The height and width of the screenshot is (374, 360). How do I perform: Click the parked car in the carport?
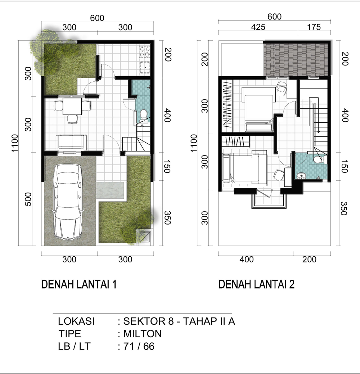pos(68,202)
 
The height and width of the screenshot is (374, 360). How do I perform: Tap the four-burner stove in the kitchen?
pos(145,52)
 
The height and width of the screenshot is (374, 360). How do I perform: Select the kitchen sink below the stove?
pos(145,68)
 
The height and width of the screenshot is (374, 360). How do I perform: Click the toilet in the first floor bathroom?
pos(144,115)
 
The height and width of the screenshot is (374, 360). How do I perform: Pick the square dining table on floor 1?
pos(72,107)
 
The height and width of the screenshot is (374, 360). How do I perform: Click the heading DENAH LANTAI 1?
pos(79,284)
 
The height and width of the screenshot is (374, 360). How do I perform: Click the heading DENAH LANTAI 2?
pos(256,284)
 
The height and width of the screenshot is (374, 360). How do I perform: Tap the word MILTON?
pos(143,334)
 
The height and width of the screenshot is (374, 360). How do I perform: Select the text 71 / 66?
pos(139,346)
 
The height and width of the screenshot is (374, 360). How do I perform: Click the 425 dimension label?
pos(258,27)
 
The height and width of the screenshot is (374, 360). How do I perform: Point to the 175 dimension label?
pos(314,27)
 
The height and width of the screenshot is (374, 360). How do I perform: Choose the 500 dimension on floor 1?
pos(28,199)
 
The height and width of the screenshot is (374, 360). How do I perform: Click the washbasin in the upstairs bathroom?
pos(301,176)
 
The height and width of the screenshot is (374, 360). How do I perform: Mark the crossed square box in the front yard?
pos(145,237)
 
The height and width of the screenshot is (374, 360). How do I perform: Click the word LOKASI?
pos(76,321)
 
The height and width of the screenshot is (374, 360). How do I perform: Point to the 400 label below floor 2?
pos(247,259)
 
